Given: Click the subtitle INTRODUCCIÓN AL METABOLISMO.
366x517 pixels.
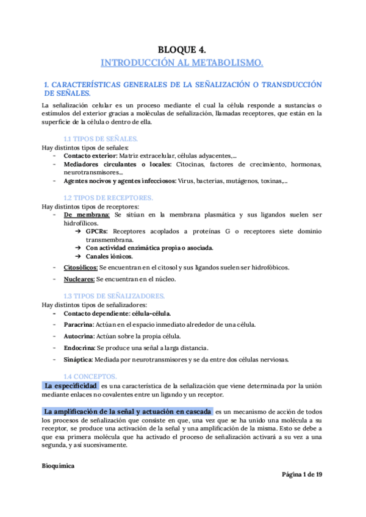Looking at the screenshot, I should (182, 63).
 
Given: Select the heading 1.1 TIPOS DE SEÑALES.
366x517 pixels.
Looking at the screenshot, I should (101, 138).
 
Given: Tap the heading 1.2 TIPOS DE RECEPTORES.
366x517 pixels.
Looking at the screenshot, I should (109, 198).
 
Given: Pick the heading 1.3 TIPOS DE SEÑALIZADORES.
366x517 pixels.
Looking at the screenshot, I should (114, 296).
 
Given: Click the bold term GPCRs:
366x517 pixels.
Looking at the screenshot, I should (98, 232).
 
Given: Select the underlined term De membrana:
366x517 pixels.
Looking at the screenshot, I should (87, 215).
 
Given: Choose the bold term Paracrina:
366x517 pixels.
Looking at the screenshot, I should (78, 324).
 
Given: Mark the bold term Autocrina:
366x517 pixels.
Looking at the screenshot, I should (78, 336).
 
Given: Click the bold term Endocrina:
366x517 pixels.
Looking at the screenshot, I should (78, 348).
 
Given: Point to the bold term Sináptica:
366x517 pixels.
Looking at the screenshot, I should (77, 359).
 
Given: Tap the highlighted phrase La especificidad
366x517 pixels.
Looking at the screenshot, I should (71, 386).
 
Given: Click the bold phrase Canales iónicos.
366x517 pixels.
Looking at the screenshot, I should (109, 257).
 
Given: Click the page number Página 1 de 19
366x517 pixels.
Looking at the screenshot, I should (301, 475).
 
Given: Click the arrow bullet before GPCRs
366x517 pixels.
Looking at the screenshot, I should (78, 232).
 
